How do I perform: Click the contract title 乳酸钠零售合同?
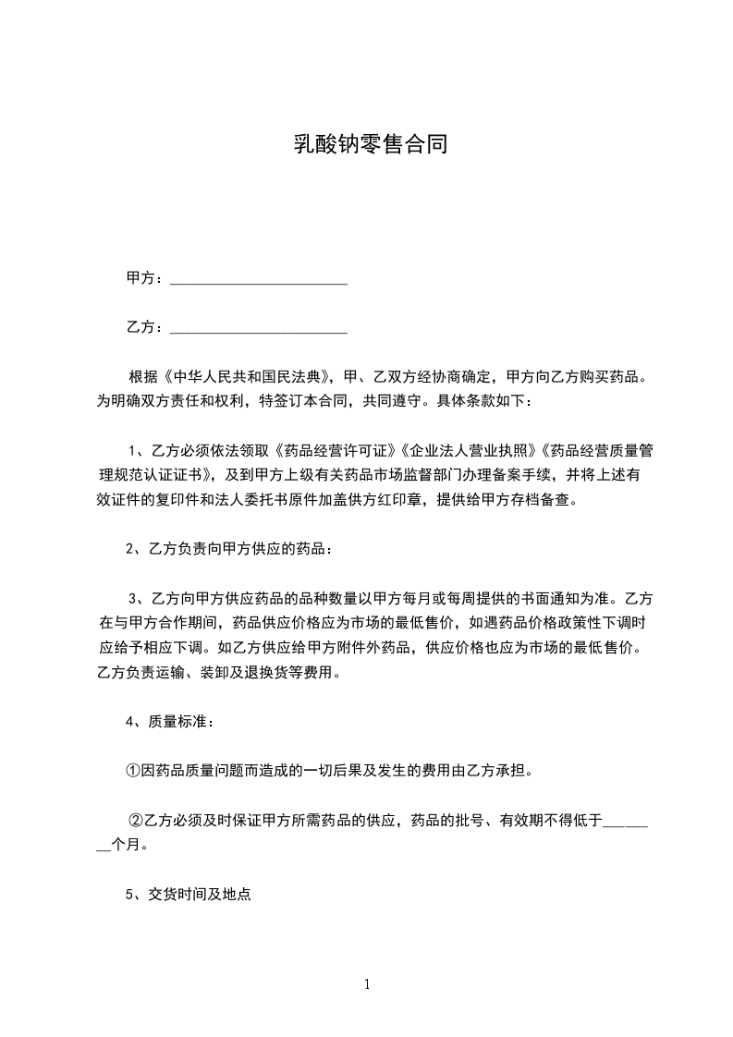371,145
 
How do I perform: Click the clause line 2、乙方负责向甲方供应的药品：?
227,549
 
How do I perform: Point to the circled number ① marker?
133,770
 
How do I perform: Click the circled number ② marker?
136,819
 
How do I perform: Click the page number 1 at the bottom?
367,984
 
